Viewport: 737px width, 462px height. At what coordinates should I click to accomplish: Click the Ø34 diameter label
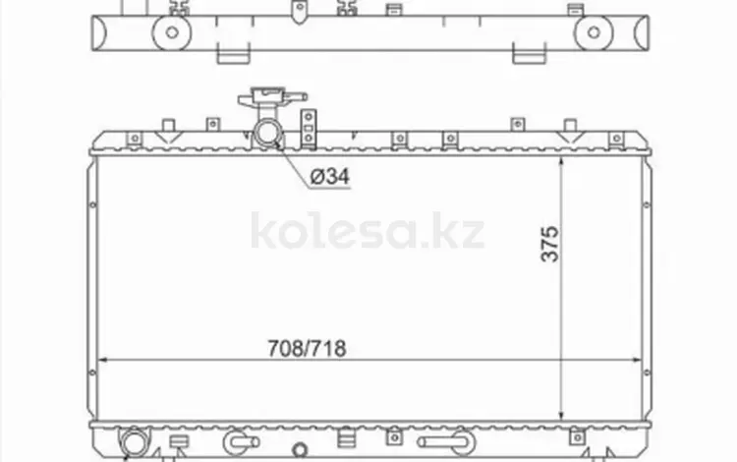329,177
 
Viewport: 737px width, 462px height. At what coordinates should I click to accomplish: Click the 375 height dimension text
550,244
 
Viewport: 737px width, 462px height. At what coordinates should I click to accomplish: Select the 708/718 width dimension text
307,349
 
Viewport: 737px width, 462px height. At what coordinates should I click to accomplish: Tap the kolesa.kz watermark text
368,231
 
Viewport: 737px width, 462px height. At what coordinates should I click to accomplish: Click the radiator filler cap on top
271,97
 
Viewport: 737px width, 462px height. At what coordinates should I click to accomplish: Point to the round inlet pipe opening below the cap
268,134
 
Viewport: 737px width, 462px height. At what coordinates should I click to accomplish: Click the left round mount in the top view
172,32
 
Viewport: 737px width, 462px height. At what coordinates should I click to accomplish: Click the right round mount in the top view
594,32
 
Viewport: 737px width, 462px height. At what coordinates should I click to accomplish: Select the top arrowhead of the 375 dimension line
561,162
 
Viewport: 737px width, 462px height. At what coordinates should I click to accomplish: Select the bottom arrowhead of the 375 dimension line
561,414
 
